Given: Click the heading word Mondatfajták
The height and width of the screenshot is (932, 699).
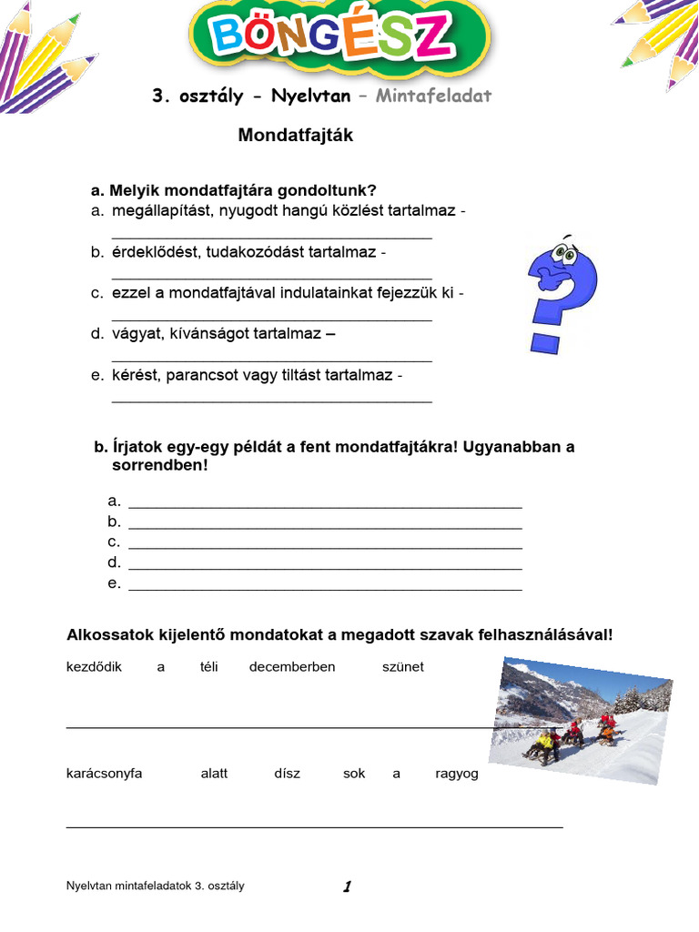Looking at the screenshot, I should (295, 136).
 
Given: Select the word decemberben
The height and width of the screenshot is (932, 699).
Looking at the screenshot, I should (292, 667).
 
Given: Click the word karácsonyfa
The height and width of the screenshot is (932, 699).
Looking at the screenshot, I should (105, 774).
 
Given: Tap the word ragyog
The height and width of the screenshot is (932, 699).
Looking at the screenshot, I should (457, 774).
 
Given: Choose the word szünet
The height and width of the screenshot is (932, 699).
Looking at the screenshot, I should (403, 667).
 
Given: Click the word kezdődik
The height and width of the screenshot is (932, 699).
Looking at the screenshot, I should (94, 667).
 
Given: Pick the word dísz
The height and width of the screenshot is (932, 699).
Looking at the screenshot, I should (287, 774).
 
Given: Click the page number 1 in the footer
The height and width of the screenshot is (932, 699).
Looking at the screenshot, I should (347, 886).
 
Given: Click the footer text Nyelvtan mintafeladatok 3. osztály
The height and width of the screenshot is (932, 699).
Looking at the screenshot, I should (156, 886).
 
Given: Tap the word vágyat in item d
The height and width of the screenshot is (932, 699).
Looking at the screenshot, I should (134, 334).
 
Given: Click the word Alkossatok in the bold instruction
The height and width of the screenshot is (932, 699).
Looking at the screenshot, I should (107, 634).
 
